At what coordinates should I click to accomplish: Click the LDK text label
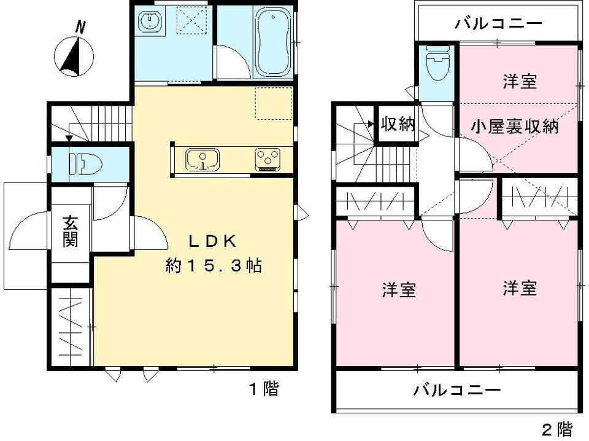pos(212,241)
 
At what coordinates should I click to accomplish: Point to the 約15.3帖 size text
pos(214,266)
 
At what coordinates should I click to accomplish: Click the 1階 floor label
pos(263,388)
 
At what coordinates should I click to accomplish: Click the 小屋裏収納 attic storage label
pos(514,127)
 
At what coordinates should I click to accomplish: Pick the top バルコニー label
pos(498,24)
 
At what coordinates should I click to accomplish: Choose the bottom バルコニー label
pos(457,389)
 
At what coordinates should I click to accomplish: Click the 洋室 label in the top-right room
pos(520,82)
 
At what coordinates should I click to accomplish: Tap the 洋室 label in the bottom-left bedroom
pos(399,289)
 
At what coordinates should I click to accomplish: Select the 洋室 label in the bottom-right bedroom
pos(520,287)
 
